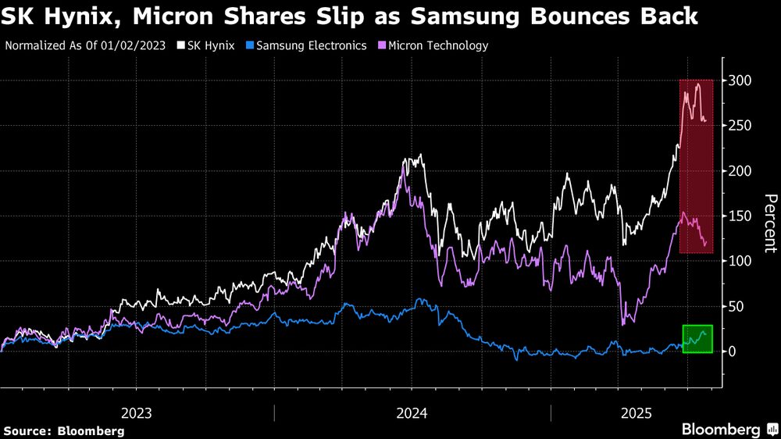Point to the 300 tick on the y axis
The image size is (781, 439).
pyautogui.click(x=741, y=80)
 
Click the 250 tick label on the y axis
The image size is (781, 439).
pyautogui.click(x=741, y=126)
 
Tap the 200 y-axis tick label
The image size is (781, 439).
pyautogui.click(x=741, y=171)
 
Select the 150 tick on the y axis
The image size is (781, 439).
pyautogui.click(x=741, y=216)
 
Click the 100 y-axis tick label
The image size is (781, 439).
pyautogui.click(x=741, y=261)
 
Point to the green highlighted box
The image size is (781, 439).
pyautogui.click(x=697, y=339)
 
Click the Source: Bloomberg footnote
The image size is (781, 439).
pyautogui.click(x=64, y=430)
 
